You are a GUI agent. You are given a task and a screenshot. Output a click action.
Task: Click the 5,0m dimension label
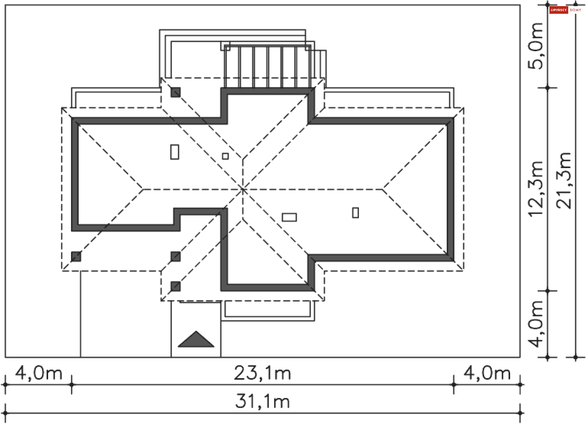tap(536, 46)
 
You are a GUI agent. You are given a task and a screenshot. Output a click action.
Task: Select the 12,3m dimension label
tap(536, 189)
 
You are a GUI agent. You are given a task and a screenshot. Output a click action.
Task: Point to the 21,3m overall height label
tap(563, 181)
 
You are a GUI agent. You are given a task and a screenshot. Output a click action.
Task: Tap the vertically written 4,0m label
tap(536, 324)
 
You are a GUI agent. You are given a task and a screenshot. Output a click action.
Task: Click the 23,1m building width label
tap(262, 373)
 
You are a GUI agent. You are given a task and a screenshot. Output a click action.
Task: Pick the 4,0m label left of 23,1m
tap(39, 373)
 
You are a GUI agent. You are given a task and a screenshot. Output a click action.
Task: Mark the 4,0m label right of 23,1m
tap(487, 373)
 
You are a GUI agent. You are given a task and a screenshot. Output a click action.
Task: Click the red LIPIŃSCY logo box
tap(559, 10)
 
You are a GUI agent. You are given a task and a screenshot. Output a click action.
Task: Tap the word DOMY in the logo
tap(575, 10)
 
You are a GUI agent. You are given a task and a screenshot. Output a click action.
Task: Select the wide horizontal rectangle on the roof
tap(289, 217)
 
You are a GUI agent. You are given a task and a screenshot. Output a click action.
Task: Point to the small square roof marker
tap(225, 156)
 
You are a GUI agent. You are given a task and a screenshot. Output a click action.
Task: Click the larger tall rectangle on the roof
tap(175, 152)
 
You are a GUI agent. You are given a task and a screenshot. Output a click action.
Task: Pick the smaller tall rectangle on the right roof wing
tap(356, 213)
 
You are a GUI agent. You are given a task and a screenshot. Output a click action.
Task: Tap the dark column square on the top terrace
tap(175, 92)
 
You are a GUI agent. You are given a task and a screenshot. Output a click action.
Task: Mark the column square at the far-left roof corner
tap(76, 256)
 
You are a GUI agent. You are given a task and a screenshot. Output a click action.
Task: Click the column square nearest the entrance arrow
tap(175, 286)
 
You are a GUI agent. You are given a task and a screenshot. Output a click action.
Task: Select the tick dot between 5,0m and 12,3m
tap(548, 88)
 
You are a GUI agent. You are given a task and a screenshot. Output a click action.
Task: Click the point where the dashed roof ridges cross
tap(243, 190)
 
